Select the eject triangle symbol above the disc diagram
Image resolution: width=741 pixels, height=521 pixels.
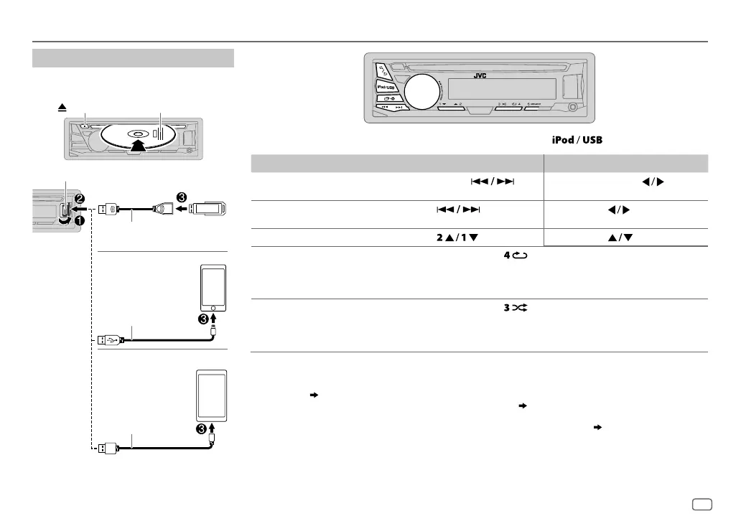pyautogui.click(x=63, y=105)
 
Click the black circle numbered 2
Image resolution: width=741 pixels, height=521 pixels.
pyautogui.click(x=80, y=197)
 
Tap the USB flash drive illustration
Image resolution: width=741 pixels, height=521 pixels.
pyautogui.click(x=212, y=210)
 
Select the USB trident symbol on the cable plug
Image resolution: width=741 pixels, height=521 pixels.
pyautogui.click(x=112, y=339)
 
